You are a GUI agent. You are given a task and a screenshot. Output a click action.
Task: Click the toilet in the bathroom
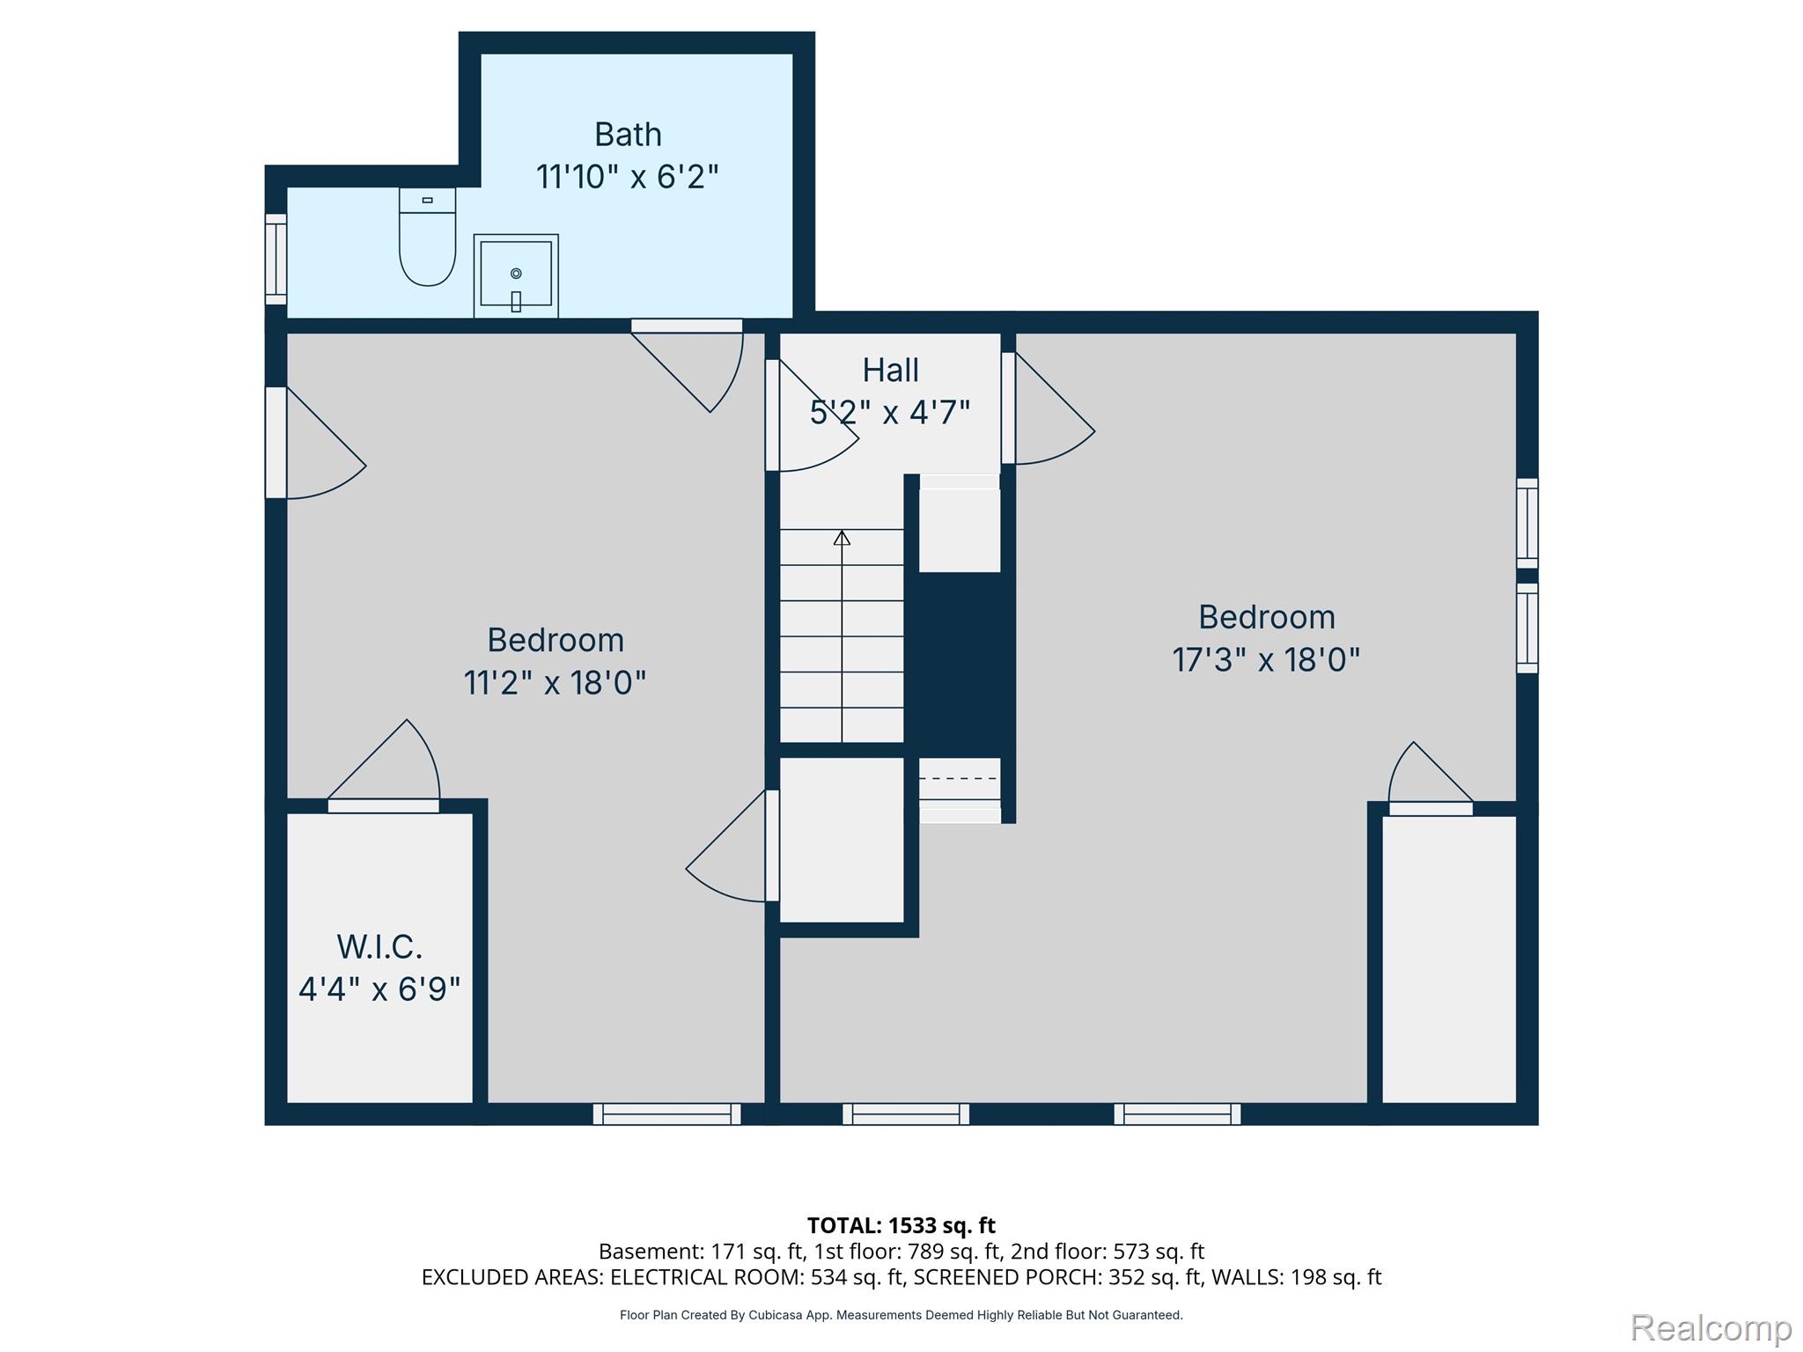click(x=428, y=236)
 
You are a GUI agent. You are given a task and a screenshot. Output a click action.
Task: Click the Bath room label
click(x=628, y=135)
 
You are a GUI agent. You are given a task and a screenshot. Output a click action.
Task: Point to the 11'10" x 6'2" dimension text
click(x=628, y=177)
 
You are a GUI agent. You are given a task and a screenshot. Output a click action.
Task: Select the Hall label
click(x=890, y=371)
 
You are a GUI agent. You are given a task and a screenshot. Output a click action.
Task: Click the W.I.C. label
click(x=379, y=947)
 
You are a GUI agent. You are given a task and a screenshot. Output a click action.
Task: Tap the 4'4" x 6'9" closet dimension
click(x=379, y=989)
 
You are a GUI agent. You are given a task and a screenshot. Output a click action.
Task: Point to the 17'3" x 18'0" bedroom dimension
click(x=1266, y=659)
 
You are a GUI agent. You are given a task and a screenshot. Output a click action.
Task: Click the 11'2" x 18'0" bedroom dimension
click(x=555, y=682)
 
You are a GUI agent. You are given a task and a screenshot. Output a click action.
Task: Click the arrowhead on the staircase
click(x=843, y=538)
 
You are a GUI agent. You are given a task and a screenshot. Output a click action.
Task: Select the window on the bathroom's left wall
click(x=276, y=259)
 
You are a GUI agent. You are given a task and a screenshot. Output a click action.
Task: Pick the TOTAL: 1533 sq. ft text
click(x=901, y=1225)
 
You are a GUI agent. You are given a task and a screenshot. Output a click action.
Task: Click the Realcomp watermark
click(x=1711, y=1327)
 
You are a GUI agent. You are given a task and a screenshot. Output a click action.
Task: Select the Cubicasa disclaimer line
click(x=901, y=1315)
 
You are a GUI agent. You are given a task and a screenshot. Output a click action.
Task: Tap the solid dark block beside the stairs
click(x=960, y=665)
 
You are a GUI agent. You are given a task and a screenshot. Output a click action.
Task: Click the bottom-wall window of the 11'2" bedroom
click(x=666, y=1113)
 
